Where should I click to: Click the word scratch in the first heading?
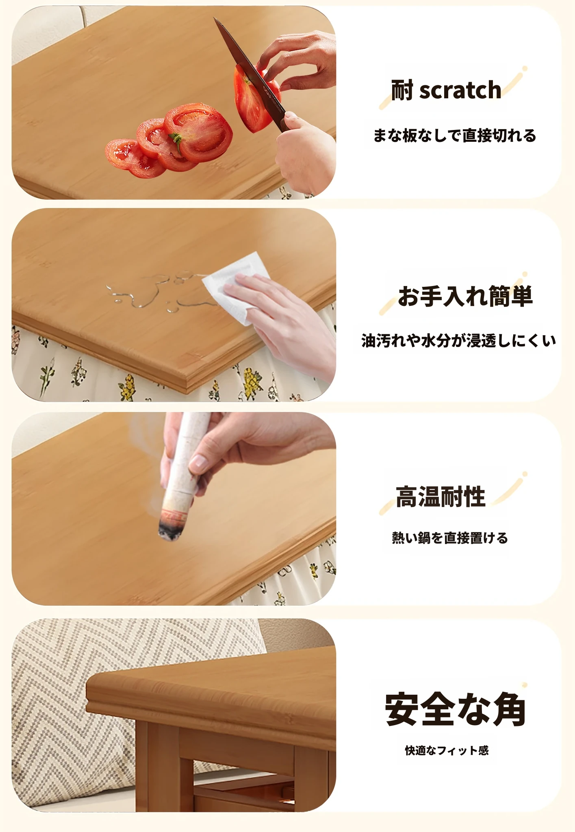click(x=460, y=90)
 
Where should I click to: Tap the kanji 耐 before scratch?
click(x=402, y=90)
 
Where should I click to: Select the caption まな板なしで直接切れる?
click(x=455, y=136)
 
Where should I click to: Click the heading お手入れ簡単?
click(x=465, y=296)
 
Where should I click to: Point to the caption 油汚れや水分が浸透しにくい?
click(x=458, y=340)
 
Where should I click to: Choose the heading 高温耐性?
click(x=440, y=496)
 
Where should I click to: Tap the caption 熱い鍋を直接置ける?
click(x=450, y=538)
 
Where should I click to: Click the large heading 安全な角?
click(x=455, y=710)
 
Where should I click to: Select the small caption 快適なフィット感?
click(x=447, y=750)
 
